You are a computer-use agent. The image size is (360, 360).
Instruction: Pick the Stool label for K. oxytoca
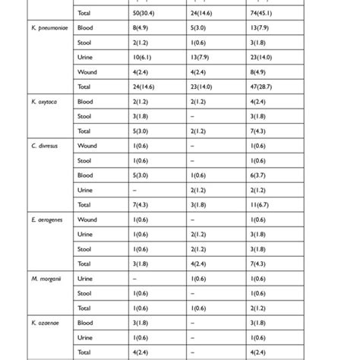click(x=84, y=116)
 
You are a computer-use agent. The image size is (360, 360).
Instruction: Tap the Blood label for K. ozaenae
click(x=85, y=322)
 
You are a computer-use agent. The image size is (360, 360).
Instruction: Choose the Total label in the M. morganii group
click(x=84, y=308)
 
